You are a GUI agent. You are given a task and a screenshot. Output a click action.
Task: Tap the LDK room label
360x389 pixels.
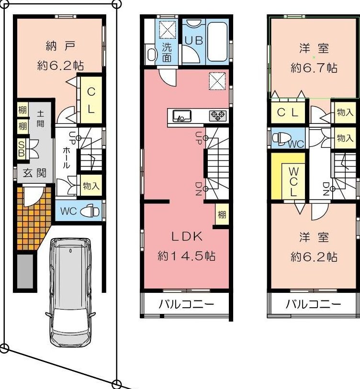pos(187,237)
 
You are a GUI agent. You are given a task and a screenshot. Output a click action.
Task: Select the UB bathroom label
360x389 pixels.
pos(194,41)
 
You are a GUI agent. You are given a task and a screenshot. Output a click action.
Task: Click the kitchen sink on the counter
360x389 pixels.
pos(182,116)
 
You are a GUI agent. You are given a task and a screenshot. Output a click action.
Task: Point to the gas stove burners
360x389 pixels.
pos(217,116)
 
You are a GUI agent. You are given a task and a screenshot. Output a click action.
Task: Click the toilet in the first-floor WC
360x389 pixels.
pos(90,211)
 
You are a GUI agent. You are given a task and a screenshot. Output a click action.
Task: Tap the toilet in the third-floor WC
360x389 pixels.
pos(280,138)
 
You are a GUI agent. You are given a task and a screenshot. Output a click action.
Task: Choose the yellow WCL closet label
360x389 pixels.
pos(294,182)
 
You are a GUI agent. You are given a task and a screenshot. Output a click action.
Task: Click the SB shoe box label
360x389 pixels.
pos(22,149)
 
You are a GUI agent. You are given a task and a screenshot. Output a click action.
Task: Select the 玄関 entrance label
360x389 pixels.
pos(35,173)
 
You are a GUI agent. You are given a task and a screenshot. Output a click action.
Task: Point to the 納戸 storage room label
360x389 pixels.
pos(61,46)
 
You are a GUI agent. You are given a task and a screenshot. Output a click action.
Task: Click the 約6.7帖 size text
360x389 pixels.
pos(314,67)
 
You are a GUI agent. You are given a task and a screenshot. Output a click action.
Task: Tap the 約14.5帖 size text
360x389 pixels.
pos(186,256)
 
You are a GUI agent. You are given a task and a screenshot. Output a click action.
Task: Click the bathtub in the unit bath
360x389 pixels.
pos(217,42)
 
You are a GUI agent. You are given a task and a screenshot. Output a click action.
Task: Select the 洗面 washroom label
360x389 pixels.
pos(167,52)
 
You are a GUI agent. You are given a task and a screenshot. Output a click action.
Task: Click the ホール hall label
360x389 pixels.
pos(66,158)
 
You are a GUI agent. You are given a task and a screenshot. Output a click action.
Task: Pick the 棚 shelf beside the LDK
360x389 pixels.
pos(222,214)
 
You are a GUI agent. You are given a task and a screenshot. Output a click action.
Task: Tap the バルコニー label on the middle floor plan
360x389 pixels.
pos(186,304)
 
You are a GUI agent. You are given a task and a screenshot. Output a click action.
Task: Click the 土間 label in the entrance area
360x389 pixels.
pos(41,119)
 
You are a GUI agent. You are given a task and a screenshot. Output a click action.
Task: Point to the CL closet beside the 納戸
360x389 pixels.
pos(91,100)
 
